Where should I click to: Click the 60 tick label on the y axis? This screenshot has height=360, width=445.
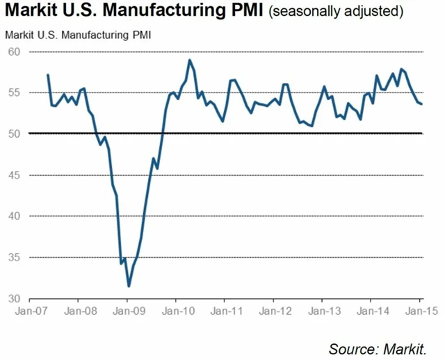tap(15, 52)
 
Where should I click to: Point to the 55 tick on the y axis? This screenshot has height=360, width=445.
tap(15, 93)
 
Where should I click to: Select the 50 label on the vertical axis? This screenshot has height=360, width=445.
tap(15, 133)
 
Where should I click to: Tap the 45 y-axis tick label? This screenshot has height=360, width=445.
tap(15, 175)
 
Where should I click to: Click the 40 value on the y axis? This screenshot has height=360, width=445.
tap(15, 216)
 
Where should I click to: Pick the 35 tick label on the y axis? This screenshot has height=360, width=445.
tap(15, 258)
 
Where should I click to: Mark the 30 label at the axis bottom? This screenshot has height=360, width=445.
tap(15, 299)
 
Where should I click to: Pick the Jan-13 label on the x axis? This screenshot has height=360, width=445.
tap(323, 311)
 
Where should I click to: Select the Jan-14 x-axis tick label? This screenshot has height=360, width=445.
tap(371, 311)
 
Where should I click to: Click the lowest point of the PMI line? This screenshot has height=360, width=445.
tap(129, 286)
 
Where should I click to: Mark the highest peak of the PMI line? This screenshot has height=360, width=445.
tap(189, 60)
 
